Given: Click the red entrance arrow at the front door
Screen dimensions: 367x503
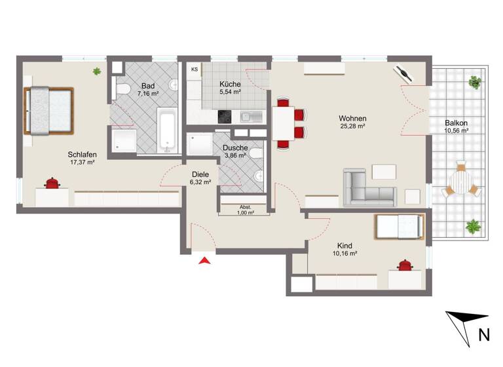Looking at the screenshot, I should point(205,261).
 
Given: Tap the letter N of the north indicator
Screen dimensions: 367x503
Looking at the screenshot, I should point(484,335).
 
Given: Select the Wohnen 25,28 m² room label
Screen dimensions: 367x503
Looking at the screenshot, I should point(352,123).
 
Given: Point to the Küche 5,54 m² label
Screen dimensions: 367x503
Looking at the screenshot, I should point(231,88).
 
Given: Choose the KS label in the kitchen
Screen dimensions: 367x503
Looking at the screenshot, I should point(195,69).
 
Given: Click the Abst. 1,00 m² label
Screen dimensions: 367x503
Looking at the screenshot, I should point(243,210).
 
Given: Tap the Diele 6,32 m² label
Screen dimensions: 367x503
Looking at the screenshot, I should point(200,178).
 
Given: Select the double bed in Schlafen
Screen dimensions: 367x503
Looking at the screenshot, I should point(48,110).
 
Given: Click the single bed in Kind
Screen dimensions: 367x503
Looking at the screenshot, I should point(397,227).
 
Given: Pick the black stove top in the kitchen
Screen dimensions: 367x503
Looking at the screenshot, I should point(225,117).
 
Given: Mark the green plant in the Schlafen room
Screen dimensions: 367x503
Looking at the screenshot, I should point(97,71).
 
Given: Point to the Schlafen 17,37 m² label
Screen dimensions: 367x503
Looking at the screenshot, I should point(83,159).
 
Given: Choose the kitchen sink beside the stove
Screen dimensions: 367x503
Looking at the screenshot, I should point(246,117).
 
